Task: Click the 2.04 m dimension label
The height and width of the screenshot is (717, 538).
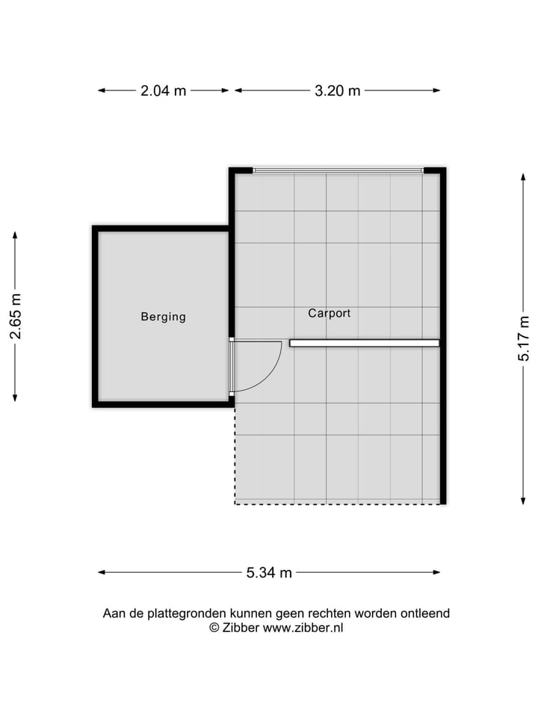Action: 164,91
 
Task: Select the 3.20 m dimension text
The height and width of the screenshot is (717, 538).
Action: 337,91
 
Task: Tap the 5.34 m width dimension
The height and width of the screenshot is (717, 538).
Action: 269,573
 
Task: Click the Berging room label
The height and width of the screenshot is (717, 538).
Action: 163,317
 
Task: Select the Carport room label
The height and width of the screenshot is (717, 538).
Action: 329,314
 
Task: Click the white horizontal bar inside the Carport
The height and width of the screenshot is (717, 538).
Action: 364,344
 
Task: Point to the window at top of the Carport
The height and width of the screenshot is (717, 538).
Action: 338,170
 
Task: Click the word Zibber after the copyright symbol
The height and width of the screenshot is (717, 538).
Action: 241,628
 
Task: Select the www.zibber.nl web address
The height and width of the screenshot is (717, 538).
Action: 303,628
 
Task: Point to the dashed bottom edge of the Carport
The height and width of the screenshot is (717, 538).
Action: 336,503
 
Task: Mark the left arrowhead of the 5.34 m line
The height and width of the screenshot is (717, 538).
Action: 101,573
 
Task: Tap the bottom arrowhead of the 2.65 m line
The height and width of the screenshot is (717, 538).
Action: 15,398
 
